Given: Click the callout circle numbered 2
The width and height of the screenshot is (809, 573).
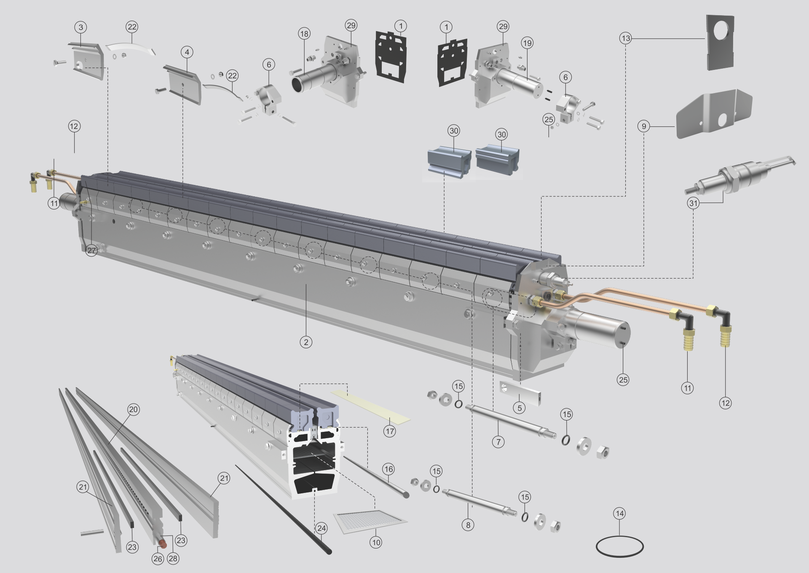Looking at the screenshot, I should [x=306, y=342].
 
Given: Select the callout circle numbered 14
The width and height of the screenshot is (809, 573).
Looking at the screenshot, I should [x=619, y=513].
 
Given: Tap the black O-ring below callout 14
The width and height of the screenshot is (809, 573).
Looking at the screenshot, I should [x=620, y=546].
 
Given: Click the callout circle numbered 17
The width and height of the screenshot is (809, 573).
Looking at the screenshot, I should [x=389, y=431].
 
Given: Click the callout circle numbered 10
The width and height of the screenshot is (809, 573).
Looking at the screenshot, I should [x=376, y=542].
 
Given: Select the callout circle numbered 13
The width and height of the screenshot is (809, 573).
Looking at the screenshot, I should [x=626, y=38].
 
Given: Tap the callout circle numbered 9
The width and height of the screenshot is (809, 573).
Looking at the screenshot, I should [x=643, y=126].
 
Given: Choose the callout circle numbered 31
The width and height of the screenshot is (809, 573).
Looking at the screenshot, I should [x=693, y=203].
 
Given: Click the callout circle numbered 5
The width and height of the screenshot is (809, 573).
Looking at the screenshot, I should [x=520, y=407].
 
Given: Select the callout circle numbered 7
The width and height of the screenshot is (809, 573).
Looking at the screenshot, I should [x=498, y=442].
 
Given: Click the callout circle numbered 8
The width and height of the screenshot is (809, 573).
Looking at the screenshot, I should [x=468, y=525].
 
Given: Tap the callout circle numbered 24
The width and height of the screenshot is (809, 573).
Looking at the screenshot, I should [x=321, y=528].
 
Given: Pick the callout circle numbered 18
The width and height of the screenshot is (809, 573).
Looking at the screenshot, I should [x=304, y=34].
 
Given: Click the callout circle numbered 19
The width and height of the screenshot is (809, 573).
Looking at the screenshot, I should [x=527, y=43].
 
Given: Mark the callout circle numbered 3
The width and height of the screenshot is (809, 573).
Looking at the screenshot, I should [x=80, y=27].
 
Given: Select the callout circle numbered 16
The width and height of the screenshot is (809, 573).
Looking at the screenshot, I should [x=388, y=469].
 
